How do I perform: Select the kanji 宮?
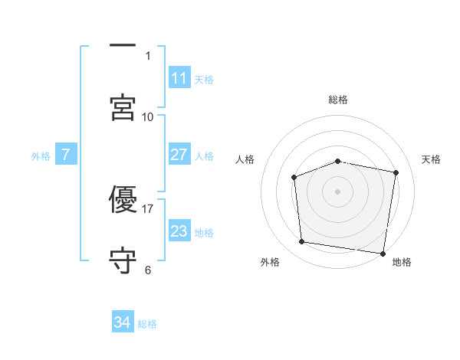click(x=123, y=106)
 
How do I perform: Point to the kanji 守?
click(x=123, y=260)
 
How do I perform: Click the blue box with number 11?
click(x=179, y=78)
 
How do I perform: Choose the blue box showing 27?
click(x=179, y=155)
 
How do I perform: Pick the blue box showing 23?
click(x=179, y=231)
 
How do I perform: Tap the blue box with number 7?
click(x=66, y=155)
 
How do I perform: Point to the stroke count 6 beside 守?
click(x=148, y=270)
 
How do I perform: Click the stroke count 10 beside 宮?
click(x=148, y=116)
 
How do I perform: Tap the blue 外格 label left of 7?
click(x=41, y=155)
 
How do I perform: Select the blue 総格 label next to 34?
click(x=147, y=323)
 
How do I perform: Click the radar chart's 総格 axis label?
click(x=338, y=100)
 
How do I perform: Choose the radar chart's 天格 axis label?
click(x=431, y=159)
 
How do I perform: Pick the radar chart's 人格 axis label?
click(x=245, y=159)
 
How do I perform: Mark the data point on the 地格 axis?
click(x=383, y=253)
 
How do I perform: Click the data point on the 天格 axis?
click(x=396, y=173)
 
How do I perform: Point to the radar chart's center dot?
click(x=338, y=191)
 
